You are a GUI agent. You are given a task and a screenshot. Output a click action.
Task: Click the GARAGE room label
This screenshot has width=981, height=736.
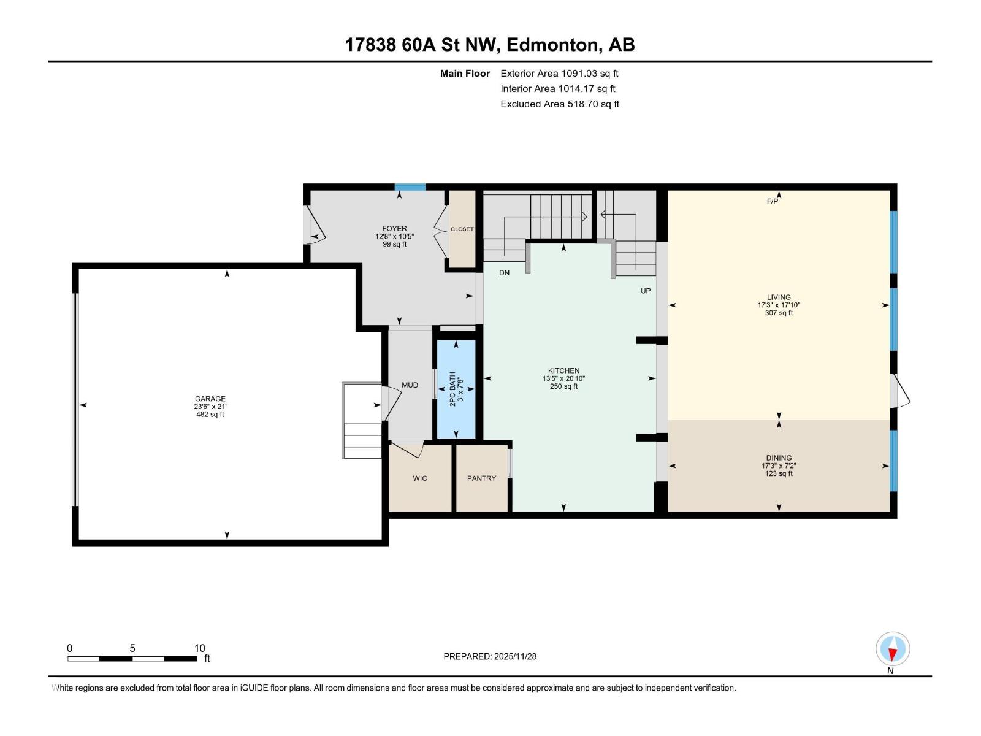[x=210, y=399]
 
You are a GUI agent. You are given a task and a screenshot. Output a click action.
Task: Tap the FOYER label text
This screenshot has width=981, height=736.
[x=394, y=229]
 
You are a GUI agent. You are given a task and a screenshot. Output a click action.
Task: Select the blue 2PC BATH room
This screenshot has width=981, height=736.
[x=456, y=389]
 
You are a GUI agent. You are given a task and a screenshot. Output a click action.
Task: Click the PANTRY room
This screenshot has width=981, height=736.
[x=481, y=478]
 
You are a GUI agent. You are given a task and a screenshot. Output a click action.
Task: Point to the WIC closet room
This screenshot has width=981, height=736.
[x=420, y=478]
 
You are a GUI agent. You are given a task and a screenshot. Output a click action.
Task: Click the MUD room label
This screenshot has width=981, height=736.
[x=410, y=385]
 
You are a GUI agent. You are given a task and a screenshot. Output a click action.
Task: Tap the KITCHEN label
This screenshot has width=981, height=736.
[x=563, y=371]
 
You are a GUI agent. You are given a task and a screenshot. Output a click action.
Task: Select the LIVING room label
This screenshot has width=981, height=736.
[x=778, y=297]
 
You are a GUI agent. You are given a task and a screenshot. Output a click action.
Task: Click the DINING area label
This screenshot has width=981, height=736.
[x=778, y=458]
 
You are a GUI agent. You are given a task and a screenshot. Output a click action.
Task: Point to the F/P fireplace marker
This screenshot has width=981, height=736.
[x=773, y=201]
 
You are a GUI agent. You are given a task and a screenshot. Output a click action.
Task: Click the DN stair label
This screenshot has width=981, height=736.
[x=504, y=273]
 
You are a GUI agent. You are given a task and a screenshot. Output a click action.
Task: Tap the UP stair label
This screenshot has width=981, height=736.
[x=646, y=291]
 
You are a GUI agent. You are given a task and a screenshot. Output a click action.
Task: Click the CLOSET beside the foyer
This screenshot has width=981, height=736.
[x=462, y=229]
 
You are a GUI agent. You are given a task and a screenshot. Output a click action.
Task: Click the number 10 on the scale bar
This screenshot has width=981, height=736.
[x=199, y=648]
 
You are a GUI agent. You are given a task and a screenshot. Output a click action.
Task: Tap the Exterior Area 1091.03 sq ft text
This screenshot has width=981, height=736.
[x=559, y=74]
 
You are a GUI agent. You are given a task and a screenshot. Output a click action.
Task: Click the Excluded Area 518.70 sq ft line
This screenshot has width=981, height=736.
[x=559, y=104]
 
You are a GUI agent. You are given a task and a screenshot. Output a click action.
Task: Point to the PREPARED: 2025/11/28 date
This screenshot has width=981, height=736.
[x=490, y=656]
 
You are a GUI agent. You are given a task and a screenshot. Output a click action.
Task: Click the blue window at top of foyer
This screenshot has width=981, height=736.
[x=410, y=187]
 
